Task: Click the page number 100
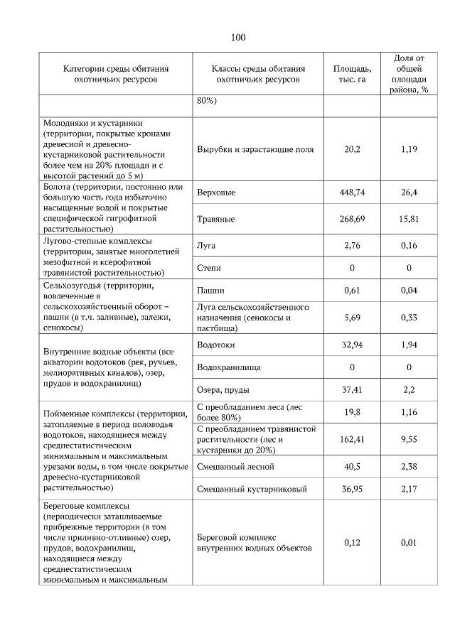pyautogui.click(x=237, y=38)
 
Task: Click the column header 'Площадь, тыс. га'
pyautogui.click(x=351, y=74)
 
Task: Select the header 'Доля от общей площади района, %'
pyautogui.click(x=409, y=74)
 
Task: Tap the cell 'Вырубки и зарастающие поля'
pyautogui.click(x=255, y=150)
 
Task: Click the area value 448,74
pyautogui.click(x=351, y=193)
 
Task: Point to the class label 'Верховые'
pyautogui.click(x=216, y=193)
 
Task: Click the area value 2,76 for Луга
pyautogui.click(x=351, y=245)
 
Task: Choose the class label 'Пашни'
pyautogui.click(x=210, y=291)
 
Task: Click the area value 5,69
pyautogui.click(x=351, y=318)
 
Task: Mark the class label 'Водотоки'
pyautogui.click(x=216, y=345)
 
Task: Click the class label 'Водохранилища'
pyautogui.click(x=228, y=367)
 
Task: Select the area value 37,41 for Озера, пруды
pyautogui.click(x=351, y=390)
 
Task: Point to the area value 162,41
pyautogui.click(x=351, y=440)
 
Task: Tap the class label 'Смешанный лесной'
pyautogui.click(x=235, y=467)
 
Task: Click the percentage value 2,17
pyautogui.click(x=409, y=490)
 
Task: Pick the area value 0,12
pyautogui.click(x=351, y=543)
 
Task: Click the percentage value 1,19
pyautogui.click(x=409, y=150)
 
